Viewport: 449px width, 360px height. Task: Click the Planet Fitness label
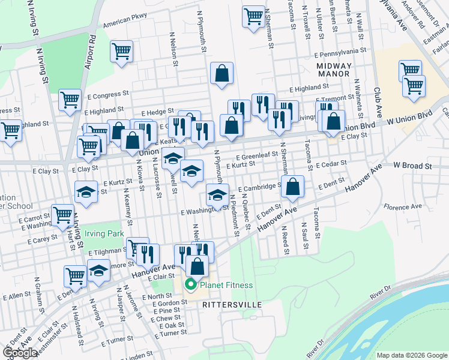tap(226, 285)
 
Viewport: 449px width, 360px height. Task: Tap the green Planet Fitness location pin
tap(191, 285)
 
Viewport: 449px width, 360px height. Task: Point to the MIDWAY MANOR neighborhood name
tap(334, 69)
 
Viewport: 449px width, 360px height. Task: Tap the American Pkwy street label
tap(125, 23)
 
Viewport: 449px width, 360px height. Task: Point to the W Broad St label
tap(413, 164)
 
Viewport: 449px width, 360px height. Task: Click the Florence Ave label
tap(403, 208)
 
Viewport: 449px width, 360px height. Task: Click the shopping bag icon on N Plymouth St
tap(221, 73)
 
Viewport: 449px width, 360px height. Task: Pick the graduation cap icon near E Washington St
tap(217, 194)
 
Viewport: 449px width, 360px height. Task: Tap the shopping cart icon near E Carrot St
tap(62, 215)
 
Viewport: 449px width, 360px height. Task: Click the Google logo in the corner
tap(20, 353)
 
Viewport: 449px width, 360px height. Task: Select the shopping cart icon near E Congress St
tap(70, 100)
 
